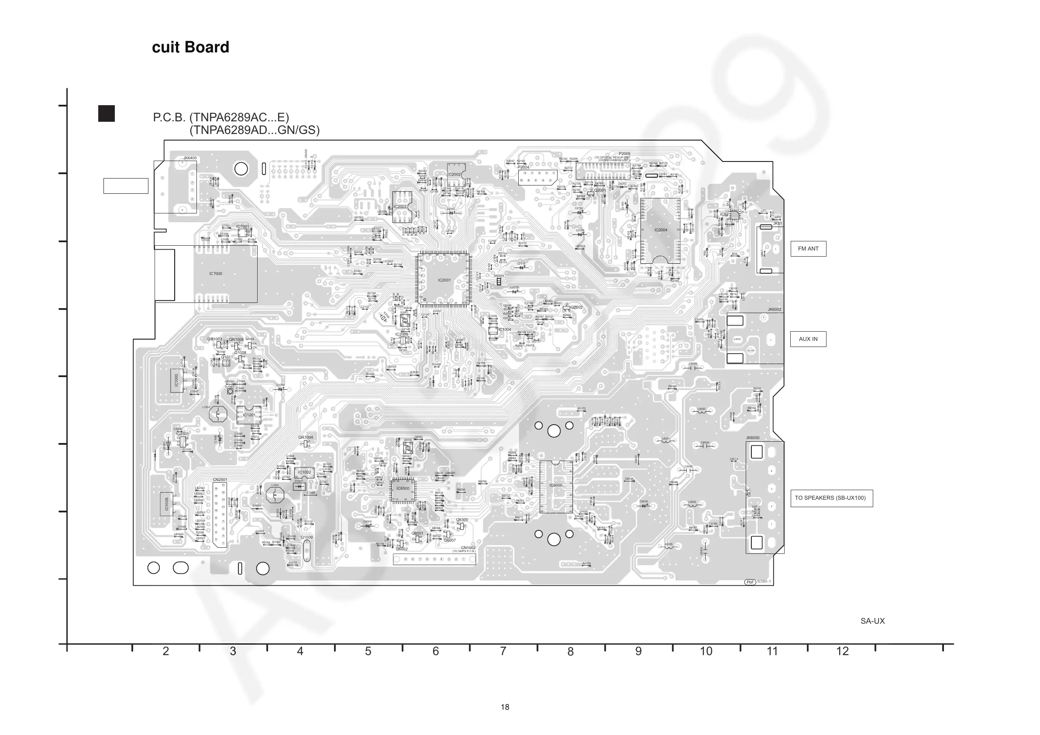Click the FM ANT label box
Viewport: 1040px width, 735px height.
coord(808,249)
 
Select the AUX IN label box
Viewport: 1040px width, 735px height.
coord(808,339)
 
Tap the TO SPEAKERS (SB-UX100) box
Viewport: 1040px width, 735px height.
coord(831,498)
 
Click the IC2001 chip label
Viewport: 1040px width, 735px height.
coord(444,280)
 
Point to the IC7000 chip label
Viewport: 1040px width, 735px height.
coord(216,274)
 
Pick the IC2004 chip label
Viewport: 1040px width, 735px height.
coord(661,230)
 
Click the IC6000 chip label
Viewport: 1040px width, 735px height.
coord(556,485)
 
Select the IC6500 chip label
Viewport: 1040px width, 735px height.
coord(403,488)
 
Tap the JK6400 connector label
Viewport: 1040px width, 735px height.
coord(190,158)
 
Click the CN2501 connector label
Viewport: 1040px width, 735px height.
coord(220,480)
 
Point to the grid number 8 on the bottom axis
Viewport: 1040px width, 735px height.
coord(570,652)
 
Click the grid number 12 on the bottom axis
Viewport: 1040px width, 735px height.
coord(842,652)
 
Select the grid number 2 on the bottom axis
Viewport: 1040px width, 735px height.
coord(166,652)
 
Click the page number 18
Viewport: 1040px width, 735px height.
coord(505,707)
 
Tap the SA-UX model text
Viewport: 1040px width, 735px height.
coord(872,622)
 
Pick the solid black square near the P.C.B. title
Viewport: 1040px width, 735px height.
coord(107,113)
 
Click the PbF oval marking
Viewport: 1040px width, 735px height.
coord(750,582)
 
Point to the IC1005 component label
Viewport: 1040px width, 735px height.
coord(167,504)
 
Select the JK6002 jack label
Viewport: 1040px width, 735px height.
coord(774,310)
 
